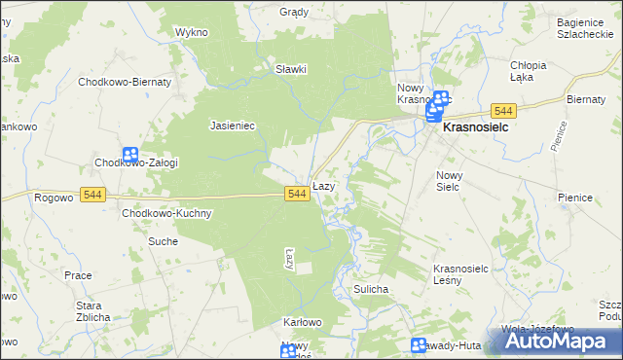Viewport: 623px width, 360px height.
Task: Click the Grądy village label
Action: coord(294,13)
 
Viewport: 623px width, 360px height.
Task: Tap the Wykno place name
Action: coord(192,32)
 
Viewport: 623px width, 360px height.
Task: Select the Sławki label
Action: coord(291,69)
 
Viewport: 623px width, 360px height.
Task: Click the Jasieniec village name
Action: coord(233,126)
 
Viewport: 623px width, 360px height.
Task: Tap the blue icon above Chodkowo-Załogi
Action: coord(130,155)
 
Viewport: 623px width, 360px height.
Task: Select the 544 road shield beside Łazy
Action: coord(298,195)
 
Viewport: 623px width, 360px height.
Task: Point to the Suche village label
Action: coord(163,240)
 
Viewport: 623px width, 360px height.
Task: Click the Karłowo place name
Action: coord(302,322)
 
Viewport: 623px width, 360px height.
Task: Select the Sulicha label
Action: coord(372,290)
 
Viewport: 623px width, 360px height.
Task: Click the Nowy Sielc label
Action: coord(448,180)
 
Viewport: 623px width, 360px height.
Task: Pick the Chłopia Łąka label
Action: coord(529,71)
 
